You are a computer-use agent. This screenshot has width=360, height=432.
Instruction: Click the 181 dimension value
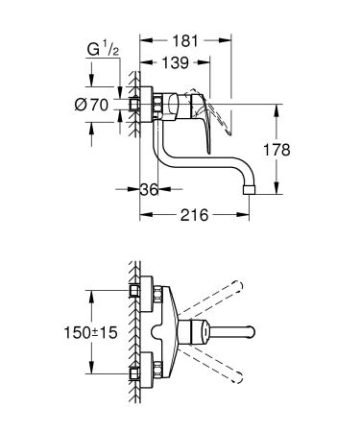pos(186,42)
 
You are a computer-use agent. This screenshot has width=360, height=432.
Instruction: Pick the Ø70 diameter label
pos(94,107)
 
